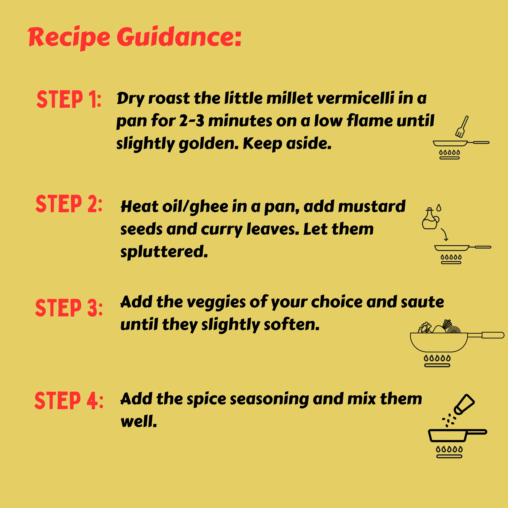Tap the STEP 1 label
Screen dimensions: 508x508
pyautogui.click(x=69, y=99)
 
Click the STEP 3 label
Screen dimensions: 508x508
pyautogui.click(x=69, y=308)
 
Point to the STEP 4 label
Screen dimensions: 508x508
pyautogui.click(x=69, y=401)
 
